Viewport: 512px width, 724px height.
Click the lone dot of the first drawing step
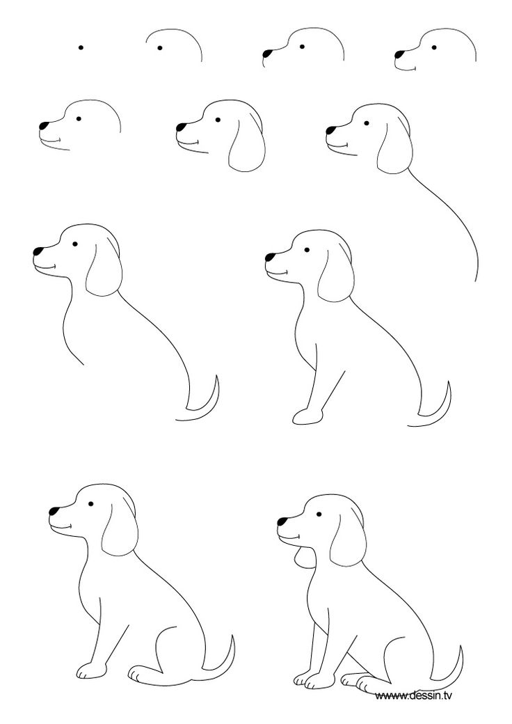(81, 47)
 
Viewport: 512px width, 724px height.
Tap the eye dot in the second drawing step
(160, 48)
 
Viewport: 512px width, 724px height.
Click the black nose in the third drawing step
(267, 52)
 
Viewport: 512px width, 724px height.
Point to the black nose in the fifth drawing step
(44, 126)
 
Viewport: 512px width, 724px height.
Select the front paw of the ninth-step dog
(306, 417)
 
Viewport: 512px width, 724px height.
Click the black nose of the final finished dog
(283, 520)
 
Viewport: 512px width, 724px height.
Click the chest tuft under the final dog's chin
(301, 557)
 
